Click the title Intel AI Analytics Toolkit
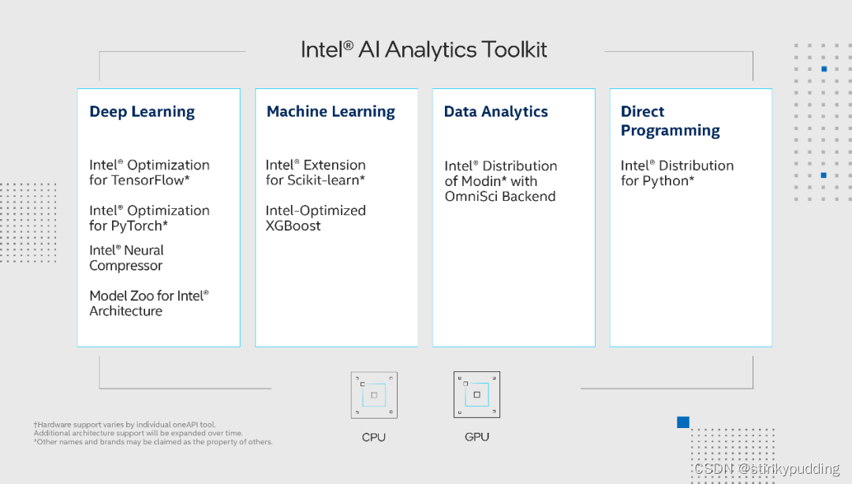coord(424,50)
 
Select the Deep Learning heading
coord(142,112)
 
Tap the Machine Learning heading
coord(331,112)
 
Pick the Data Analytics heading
coord(495,112)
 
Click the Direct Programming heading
coord(670,121)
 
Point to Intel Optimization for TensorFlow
coord(149,173)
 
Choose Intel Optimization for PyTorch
coord(149,218)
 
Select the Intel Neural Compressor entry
coord(126,258)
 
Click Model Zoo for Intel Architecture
coord(149,303)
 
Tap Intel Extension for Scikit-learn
coord(316,173)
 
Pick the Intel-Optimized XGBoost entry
coord(316,218)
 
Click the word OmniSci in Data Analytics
coord(470,197)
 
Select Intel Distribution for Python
coord(677,173)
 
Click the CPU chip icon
coord(374,395)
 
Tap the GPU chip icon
coord(476,395)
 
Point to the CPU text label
coord(374,437)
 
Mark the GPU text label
coord(476,437)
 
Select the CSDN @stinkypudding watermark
coord(766,469)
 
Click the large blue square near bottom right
coord(683,423)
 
